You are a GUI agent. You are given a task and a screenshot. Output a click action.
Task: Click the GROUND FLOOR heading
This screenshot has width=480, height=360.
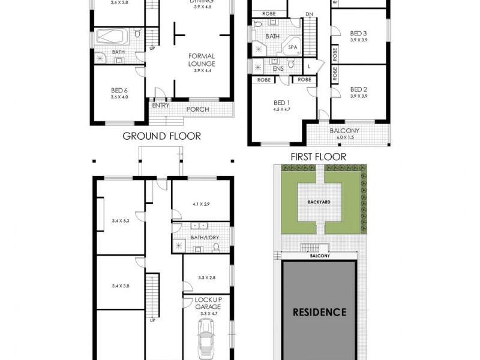[161, 136]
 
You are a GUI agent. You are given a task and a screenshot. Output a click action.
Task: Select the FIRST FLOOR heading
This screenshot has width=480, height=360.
[319, 157]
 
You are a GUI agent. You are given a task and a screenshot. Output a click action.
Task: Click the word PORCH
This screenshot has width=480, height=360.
[197, 109]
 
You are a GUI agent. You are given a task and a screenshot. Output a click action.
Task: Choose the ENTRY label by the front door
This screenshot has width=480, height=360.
[161, 106]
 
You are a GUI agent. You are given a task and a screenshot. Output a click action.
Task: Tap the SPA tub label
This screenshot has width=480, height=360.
[293, 46]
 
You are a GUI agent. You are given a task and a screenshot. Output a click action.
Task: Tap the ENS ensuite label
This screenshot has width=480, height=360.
[278, 68]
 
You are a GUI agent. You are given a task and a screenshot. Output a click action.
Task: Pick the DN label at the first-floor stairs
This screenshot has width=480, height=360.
[309, 14]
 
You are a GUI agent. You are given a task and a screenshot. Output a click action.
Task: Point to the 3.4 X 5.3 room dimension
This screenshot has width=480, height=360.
[120, 221]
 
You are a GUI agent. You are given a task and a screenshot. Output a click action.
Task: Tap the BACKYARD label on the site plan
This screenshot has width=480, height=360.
[320, 203]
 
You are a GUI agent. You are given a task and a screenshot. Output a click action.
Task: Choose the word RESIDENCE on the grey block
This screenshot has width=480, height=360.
[319, 312]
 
